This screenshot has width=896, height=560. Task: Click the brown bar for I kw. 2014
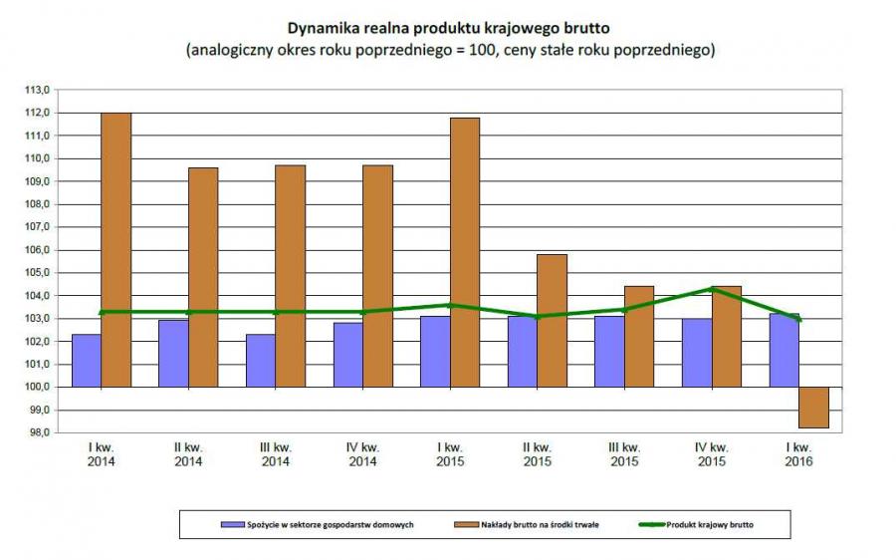(115, 249)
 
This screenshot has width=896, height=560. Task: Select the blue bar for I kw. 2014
(87, 360)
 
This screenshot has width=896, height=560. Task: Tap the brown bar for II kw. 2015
(553, 320)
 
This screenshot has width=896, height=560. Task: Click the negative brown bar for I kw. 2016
(813, 408)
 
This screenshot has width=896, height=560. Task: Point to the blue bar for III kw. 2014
(261, 360)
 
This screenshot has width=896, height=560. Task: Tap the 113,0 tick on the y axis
(39, 90)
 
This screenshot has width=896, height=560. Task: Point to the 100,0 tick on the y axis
(39, 387)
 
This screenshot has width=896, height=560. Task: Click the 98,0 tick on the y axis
(39, 432)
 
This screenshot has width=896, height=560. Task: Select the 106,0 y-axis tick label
(39, 249)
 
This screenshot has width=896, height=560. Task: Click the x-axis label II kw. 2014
(188, 454)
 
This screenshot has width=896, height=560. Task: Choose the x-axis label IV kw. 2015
(711, 454)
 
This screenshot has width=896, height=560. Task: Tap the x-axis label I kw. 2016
(797, 454)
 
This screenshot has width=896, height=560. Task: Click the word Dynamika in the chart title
(324, 27)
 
